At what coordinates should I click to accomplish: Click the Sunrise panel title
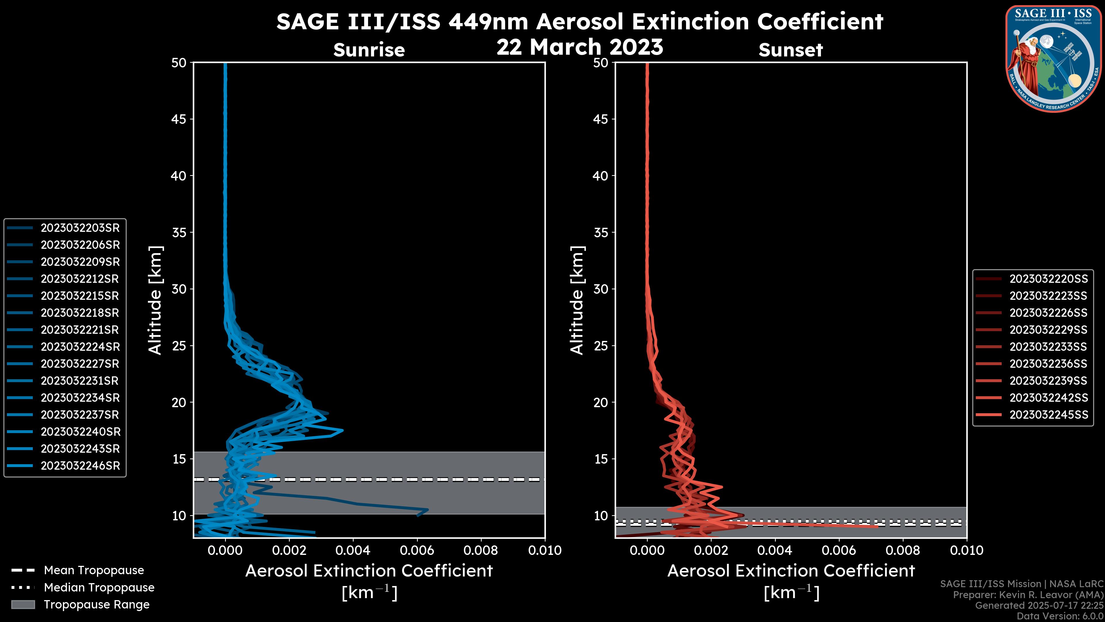(x=369, y=50)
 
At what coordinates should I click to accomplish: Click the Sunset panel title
(x=790, y=50)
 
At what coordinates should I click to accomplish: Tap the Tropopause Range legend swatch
(x=23, y=604)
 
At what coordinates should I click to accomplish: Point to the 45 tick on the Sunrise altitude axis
(x=179, y=119)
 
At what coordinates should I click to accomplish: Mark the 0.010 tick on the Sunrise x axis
(x=544, y=550)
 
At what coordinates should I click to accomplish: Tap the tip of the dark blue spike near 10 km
(x=428, y=509)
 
